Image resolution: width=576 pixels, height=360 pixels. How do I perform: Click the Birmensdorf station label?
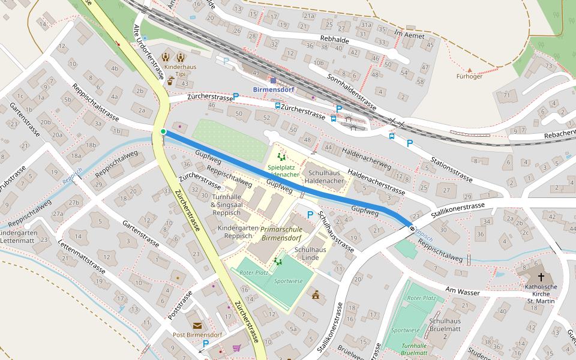pyautogui.click(x=274, y=90)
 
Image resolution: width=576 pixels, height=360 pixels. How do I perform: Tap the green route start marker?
pyautogui.click(x=163, y=131)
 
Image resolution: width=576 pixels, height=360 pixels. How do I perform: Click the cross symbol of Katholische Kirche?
pyautogui.click(x=541, y=277)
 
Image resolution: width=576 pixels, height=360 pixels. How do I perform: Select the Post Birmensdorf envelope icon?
pyautogui.click(x=197, y=325)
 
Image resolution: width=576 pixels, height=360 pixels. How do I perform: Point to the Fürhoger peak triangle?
pyautogui.click(x=469, y=70)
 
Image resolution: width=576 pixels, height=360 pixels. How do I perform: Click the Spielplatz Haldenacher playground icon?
pyautogui.click(x=281, y=157)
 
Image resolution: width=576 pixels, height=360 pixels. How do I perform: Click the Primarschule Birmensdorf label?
pyautogui.click(x=281, y=233)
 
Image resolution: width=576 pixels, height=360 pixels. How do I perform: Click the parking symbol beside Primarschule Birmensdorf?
pyautogui.click(x=310, y=215)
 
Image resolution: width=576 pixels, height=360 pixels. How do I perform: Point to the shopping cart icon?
pyautogui.click(x=236, y=347)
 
